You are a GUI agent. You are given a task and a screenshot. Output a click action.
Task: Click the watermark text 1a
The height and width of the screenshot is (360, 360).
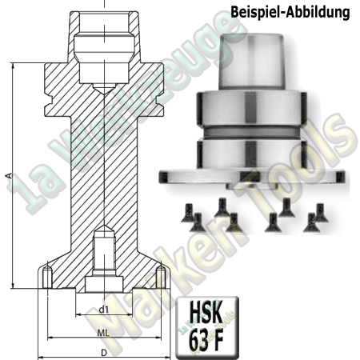pyautogui.click(x=28, y=192)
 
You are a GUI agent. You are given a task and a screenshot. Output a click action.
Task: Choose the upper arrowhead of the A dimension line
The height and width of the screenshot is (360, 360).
pyautogui.click(x=13, y=66)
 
